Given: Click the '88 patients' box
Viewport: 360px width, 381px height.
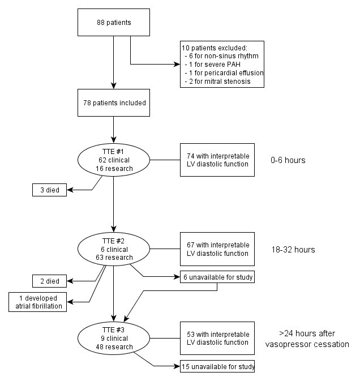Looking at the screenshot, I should (114, 23).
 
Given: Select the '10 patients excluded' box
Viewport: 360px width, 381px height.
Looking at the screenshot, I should (222, 64).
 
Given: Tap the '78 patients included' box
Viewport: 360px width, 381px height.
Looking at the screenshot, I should (114, 103).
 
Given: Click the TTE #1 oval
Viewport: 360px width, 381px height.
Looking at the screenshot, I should (114, 160).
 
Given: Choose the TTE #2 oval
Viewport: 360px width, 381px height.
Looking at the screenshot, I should (114, 250).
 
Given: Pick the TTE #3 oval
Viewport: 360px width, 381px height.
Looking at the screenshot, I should (114, 339).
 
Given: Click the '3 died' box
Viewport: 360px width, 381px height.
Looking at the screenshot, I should (49, 191).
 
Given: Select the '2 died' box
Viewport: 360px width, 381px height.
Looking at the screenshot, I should (49, 280).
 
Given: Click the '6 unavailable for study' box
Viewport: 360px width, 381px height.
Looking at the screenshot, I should (217, 277).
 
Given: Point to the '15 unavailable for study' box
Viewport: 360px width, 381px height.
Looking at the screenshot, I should (217, 366).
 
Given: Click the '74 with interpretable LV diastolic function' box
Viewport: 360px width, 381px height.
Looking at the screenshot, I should (217, 160).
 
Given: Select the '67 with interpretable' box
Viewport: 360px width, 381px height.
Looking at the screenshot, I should (217, 249).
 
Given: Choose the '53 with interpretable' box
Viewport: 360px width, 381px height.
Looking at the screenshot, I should (217, 339).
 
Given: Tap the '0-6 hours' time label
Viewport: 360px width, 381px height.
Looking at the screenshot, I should (288, 160).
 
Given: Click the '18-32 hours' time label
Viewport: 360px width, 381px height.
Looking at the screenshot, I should (292, 250).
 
